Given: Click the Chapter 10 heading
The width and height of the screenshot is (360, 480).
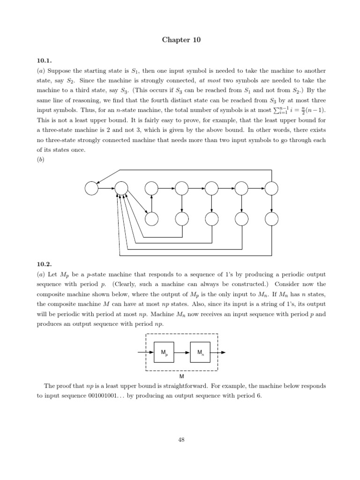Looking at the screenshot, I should pyautogui.click(x=181, y=40).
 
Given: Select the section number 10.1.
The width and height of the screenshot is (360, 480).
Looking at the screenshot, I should pyautogui.click(x=44, y=60).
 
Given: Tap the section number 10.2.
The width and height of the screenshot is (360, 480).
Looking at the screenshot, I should pyautogui.click(x=44, y=264).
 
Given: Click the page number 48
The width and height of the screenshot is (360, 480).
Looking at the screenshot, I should pyautogui.click(x=181, y=439).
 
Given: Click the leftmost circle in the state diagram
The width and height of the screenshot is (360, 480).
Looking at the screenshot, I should pyautogui.click(x=91, y=188).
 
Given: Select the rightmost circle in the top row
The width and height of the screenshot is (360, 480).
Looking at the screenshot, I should pyautogui.click(x=271, y=188).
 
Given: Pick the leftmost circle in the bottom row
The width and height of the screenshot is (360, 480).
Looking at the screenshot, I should pyautogui.click(x=151, y=218).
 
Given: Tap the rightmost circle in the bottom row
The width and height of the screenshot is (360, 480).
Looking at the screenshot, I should pyautogui.click(x=271, y=218).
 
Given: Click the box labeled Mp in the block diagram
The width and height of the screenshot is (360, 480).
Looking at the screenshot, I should pyautogui.click(x=164, y=352).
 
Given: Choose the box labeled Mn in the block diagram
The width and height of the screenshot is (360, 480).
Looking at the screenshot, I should pyautogui.click(x=200, y=352).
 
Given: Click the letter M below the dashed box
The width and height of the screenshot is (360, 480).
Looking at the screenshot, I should pyautogui.click(x=182, y=376).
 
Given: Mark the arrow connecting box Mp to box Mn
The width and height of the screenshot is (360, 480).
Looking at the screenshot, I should pyautogui.click(x=182, y=352).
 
